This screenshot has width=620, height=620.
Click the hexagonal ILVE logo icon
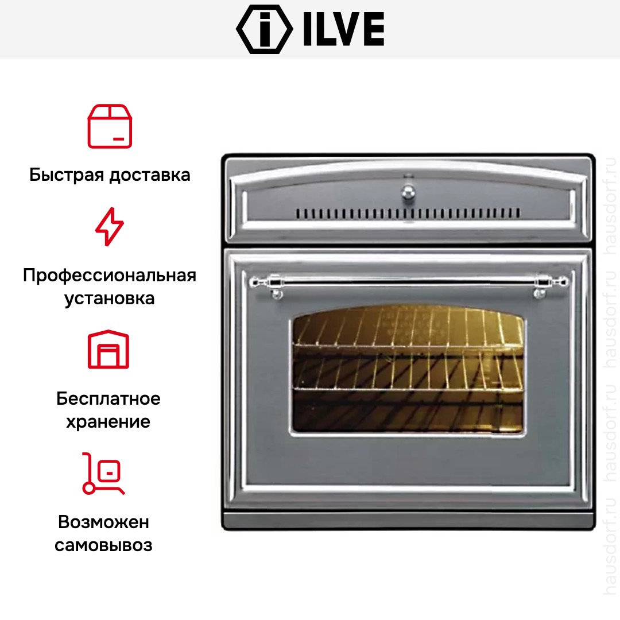point(264,29)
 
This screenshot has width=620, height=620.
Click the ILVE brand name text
point(344,29)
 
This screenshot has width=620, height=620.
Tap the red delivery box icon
point(110,126)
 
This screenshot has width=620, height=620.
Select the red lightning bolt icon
point(110,227)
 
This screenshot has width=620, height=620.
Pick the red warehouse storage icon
point(108,349)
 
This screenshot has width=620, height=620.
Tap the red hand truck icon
point(103,473)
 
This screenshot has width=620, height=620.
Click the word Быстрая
point(67,175)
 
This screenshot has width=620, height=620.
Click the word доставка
point(150,175)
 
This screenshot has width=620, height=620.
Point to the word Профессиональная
point(110,275)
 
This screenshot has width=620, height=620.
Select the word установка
point(110,299)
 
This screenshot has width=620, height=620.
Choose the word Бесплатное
point(108,398)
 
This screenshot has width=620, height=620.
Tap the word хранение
point(108,422)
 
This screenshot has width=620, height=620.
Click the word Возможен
point(103,522)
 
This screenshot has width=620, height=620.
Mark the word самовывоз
point(103,545)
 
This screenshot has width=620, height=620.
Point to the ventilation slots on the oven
point(408,213)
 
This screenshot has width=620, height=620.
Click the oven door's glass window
point(408,370)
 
